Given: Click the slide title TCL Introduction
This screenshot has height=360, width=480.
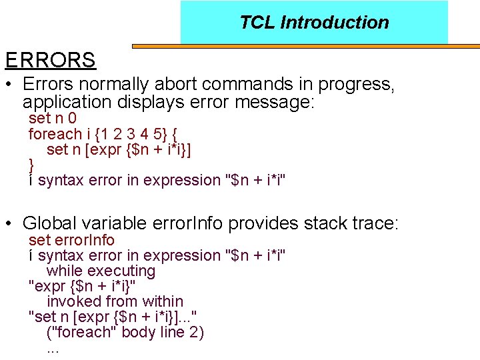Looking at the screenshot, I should [x=314, y=22].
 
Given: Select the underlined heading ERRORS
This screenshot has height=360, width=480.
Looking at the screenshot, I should [x=51, y=60].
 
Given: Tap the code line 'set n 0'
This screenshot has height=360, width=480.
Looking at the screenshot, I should [x=52, y=118].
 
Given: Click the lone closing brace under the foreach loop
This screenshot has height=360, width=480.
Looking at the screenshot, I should [x=31, y=164].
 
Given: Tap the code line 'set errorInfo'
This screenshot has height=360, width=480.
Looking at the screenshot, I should [x=71, y=240].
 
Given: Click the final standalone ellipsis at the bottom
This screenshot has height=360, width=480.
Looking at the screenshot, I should [x=53, y=349].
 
